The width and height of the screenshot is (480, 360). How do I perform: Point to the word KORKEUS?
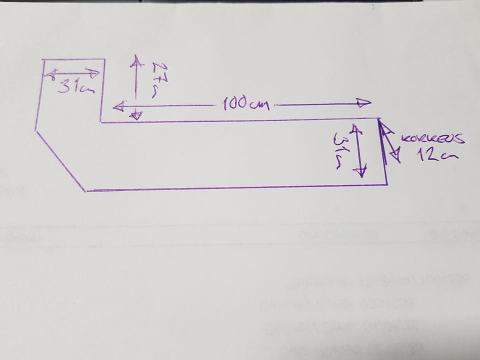coord(433,139)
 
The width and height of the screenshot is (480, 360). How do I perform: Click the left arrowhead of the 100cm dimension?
coord(118,106)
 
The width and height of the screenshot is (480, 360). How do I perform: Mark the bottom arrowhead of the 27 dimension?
coord(135,116)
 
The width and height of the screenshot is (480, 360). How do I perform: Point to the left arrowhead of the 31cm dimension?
coord(50,74)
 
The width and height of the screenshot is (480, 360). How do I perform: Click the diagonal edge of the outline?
coord(60,160)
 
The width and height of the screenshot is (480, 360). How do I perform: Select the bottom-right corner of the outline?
coord(386,184)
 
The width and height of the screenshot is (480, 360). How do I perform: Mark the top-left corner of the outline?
coord(42,60)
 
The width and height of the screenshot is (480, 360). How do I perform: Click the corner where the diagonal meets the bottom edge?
coord(86,190)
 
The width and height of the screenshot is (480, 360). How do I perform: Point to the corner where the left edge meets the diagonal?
coord(35,130)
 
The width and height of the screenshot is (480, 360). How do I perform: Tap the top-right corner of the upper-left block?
coord(104,59)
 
